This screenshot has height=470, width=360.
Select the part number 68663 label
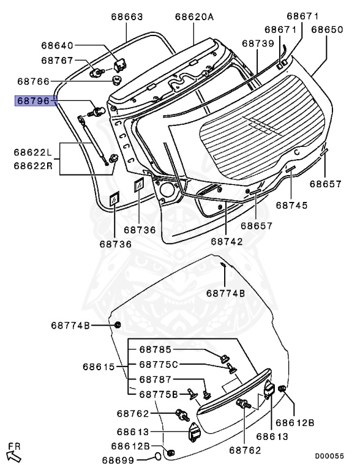(x=127, y=17)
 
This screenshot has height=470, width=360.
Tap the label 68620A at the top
(x=194, y=17)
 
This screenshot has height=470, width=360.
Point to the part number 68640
(x=57, y=45)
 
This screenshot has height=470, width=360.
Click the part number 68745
(x=291, y=206)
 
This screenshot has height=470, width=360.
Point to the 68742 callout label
(x=227, y=242)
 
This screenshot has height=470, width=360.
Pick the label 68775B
(x=157, y=394)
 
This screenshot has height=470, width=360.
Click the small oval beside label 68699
(x=157, y=457)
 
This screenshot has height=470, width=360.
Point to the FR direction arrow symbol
(x=13, y=453)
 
